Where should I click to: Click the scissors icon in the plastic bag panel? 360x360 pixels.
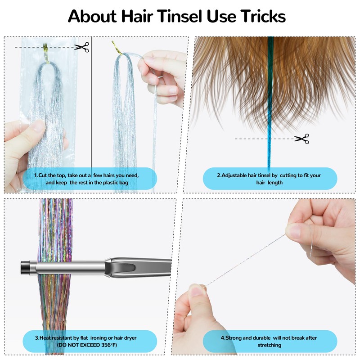coord(82,47)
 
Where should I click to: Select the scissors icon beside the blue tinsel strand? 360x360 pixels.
coord(301,139)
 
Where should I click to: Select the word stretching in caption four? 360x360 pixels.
coord(270,345)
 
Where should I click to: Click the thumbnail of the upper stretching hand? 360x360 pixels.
coord(295,232)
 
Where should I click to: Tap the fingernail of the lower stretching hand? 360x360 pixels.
coord(197,290)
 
